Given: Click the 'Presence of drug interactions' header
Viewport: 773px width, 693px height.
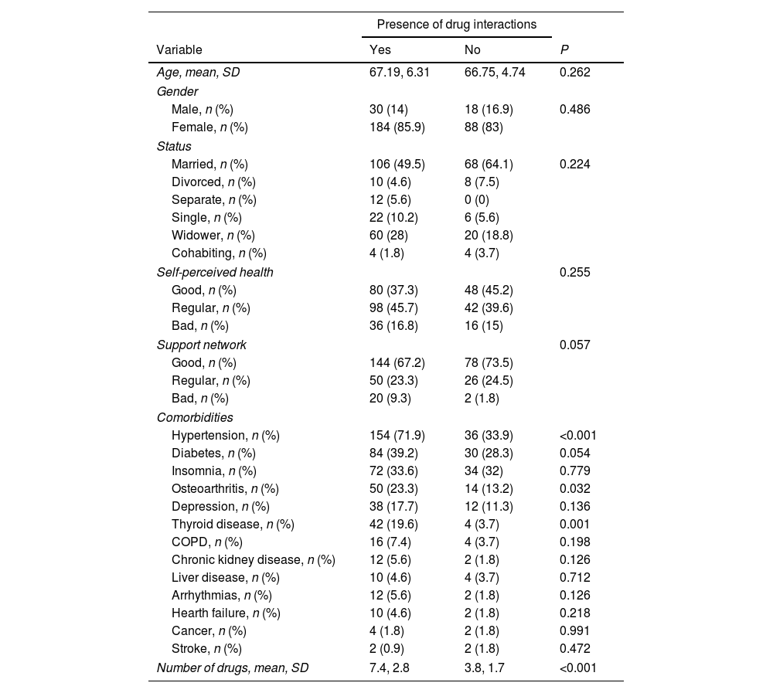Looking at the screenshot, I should tap(456, 25).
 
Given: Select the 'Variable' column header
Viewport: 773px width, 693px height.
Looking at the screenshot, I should tap(179, 50).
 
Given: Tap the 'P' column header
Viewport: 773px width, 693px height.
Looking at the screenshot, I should tap(564, 50).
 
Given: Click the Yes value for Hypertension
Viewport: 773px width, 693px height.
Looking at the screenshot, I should tap(397, 435).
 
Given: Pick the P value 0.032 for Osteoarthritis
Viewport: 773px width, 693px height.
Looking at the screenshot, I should tap(575, 489).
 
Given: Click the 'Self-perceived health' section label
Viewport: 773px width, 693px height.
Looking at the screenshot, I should tap(215, 272).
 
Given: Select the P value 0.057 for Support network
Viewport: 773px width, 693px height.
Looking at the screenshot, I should tap(575, 345).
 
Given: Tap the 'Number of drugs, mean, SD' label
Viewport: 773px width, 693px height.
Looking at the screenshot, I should tap(233, 668).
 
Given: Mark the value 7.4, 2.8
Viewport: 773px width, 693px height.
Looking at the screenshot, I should tap(390, 668).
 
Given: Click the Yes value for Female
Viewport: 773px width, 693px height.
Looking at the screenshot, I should tap(397, 127).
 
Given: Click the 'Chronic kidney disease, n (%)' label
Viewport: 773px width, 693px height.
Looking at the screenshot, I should tap(254, 560).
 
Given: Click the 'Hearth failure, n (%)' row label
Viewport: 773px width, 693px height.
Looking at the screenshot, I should tap(226, 613).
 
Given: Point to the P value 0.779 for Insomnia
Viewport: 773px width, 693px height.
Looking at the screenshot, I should tap(575, 470).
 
